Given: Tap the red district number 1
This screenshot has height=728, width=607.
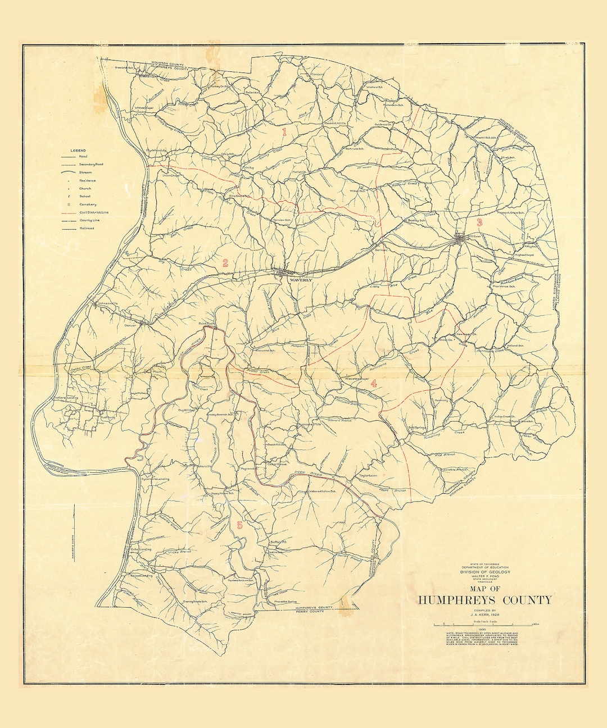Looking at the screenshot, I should click(x=284, y=133).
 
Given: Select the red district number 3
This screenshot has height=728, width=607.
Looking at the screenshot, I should click(x=479, y=222).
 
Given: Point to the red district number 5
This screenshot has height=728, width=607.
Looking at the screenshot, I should click(x=240, y=525).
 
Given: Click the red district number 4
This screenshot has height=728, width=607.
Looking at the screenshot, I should click(x=373, y=384).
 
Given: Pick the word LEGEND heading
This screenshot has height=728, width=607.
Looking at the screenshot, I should click(x=78, y=151).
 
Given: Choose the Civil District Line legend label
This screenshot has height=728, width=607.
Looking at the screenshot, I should click(x=94, y=213).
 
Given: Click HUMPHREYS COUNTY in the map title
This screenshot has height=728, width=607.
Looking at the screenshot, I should click(x=484, y=600).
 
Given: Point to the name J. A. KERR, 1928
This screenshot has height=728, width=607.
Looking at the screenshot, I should click(x=484, y=615).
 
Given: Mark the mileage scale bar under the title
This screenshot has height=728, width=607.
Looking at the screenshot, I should click(x=484, y=625).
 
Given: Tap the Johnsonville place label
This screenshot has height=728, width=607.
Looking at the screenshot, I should click(x=109, y=304).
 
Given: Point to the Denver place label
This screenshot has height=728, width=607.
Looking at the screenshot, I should click(x=130, y=325).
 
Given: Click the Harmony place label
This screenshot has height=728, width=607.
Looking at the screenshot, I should click(x=441, y=401).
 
